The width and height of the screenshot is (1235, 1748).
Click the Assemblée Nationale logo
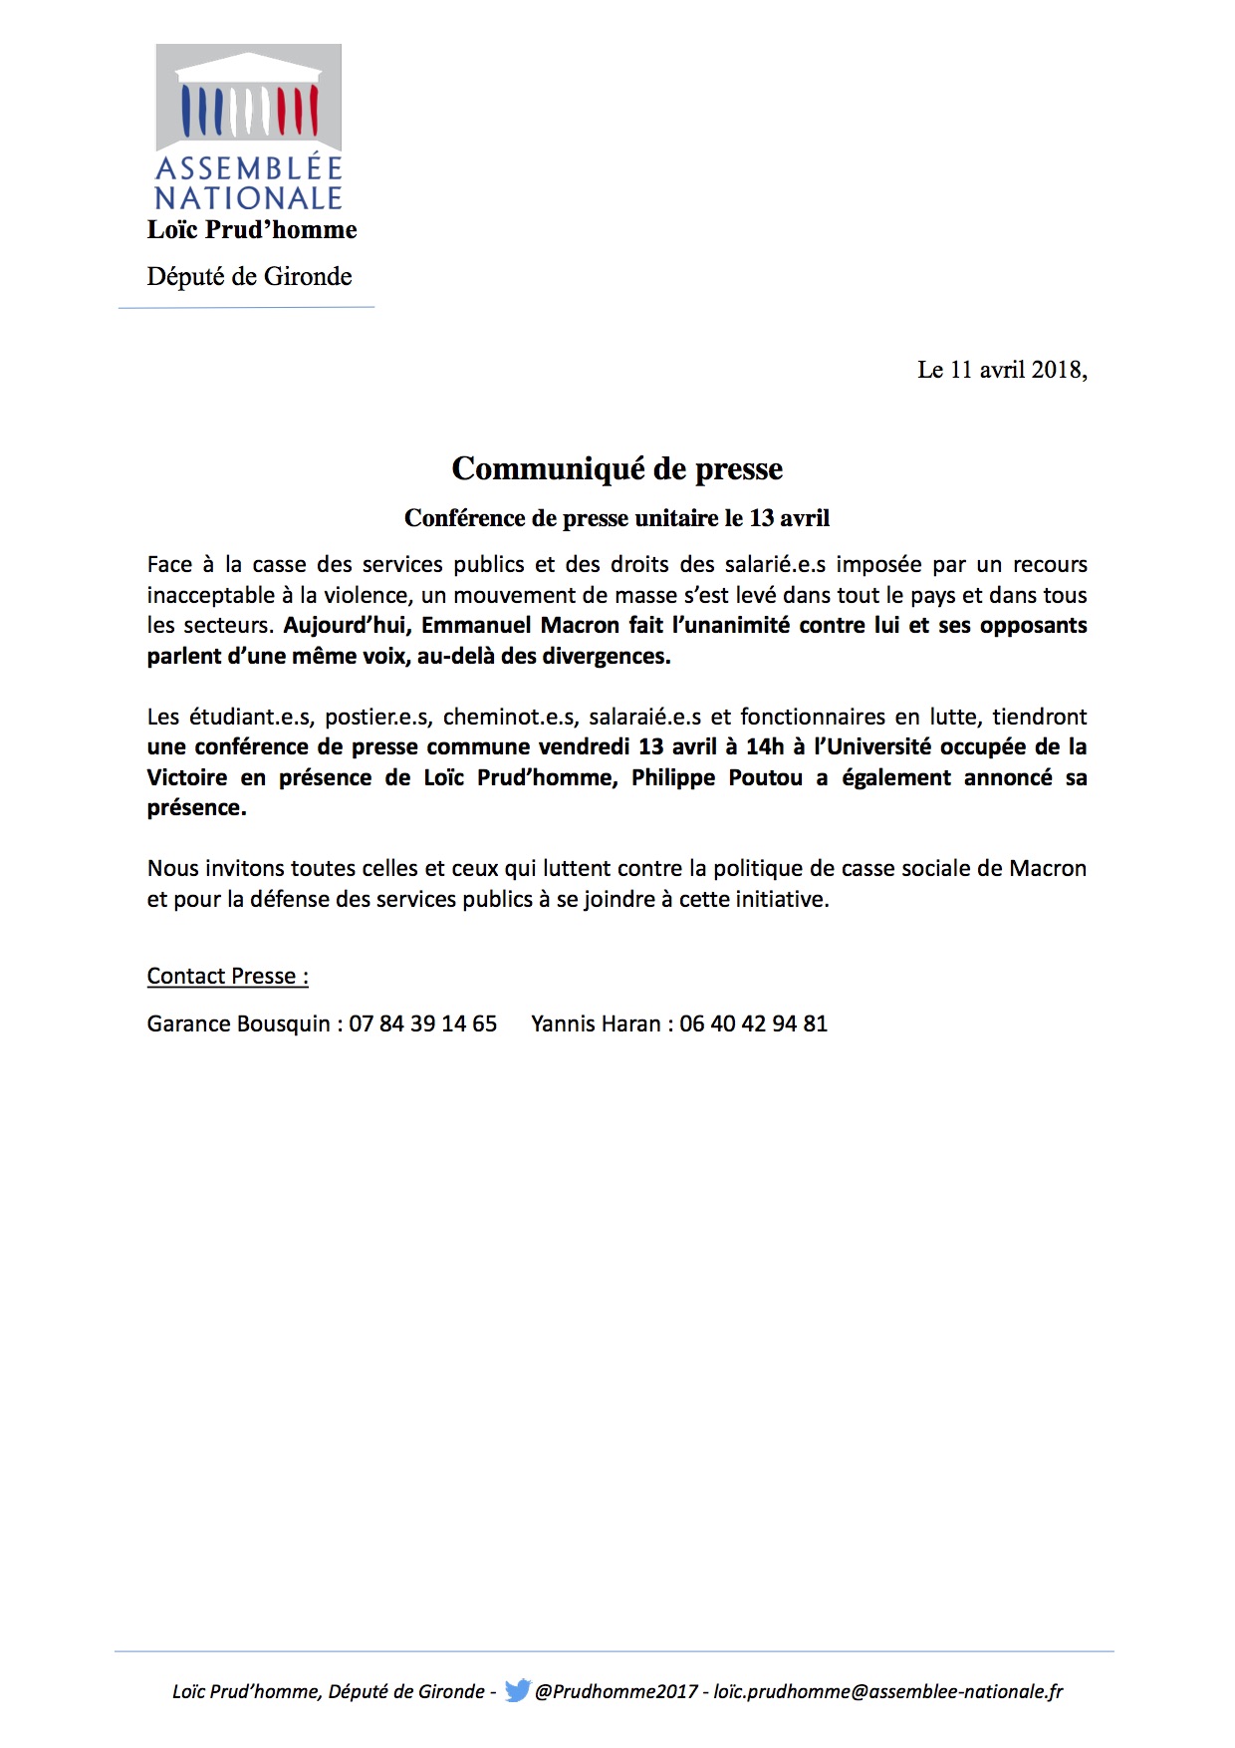pyautogui.click(x=249, y=127)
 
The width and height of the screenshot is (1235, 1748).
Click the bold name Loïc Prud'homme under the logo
pyautogui.click(x=252, y=230)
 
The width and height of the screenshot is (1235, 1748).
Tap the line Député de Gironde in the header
pyautogui.click(x=249, y=276)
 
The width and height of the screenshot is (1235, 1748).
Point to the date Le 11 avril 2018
pyautogui.click(x=1001, y=370)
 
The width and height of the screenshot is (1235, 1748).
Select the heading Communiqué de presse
pyautogui.click(x=617, y=468)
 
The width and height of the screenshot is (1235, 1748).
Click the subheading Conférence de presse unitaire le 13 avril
pyautogui.click(x=617, y=518)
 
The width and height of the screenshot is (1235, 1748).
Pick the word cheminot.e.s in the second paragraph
pyautogui.click(x=510, y=717)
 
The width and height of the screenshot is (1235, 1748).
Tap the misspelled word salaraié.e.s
pyautogui.click(x=645, y=717)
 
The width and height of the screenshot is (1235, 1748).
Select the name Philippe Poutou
pyautogui.click(x=717, y=777)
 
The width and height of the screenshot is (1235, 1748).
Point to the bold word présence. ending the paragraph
pyautogui.click(x=196, y=808)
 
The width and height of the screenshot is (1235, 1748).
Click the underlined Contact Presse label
pyautogui.click(x=227, y=976)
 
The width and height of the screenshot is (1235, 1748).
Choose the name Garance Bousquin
pyautogui.click(x=238, y=1023)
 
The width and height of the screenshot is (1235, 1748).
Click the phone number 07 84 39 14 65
pyautogui.click(x=422, y=1023)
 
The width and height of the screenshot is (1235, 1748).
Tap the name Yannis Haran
pyautogui.click(x=596, y=1023)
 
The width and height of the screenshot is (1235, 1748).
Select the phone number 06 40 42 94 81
pyautogui.click(x=753, y=1023)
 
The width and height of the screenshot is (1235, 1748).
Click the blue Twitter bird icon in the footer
pyautogui.click(x=518, y=1690)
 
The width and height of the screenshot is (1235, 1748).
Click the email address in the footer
pyautogui.click(x=888, y=1691)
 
